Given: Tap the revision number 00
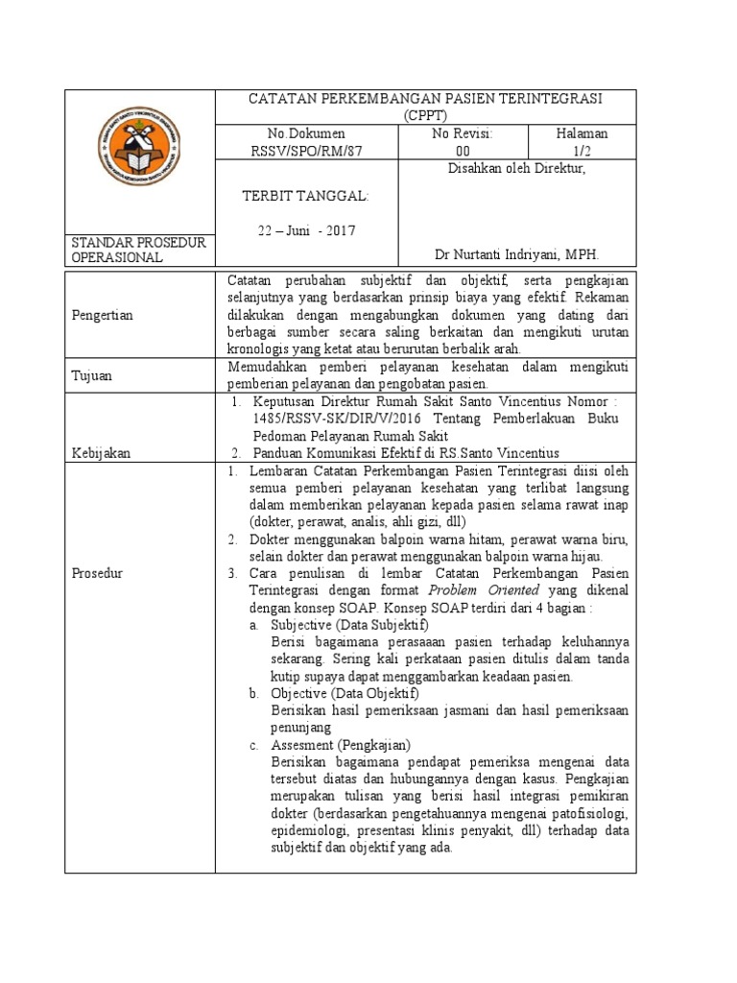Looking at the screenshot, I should pos(463,151).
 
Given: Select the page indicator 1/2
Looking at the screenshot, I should pos(582,151).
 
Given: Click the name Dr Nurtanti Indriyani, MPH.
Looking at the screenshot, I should pos(516,256).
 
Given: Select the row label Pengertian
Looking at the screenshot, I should pos(103,315).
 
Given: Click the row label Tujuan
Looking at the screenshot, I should pos(93,375).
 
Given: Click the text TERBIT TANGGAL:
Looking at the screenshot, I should pos(305,196).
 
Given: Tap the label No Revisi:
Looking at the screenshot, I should pos(463,133).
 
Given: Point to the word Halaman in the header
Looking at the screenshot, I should pos(582,133).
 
